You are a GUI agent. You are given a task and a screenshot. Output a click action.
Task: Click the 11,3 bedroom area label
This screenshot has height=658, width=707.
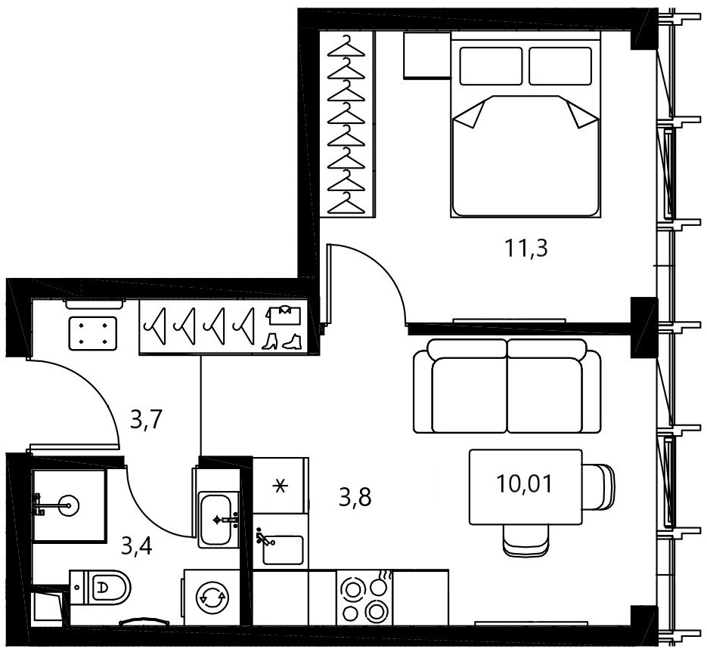(x=526, y=248)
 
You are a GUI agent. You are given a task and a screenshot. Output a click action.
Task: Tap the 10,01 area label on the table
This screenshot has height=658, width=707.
(x=524, y=484)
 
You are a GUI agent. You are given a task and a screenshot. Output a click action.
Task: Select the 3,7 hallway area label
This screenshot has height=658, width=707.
(x=146, y=420)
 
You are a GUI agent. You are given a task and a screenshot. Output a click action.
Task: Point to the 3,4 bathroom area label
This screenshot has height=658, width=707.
(x=137, y=546)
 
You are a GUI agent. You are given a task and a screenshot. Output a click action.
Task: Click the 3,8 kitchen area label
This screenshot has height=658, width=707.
(x=355, y=498)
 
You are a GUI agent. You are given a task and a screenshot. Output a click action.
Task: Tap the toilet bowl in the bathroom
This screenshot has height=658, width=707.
(x=100, y=587)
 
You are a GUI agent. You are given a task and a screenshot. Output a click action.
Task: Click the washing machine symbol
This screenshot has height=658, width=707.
(x=211, y=598)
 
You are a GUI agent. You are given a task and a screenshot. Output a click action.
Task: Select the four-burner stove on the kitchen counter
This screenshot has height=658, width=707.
(x=364, y=598)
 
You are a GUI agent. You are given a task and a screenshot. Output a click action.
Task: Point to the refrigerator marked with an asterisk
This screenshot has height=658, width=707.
(x=281, y=486)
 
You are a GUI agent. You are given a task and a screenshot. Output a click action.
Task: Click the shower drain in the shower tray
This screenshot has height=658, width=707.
(x=69, y=505)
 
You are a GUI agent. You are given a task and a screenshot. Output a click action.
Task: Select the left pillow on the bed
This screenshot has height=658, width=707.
(x=491, y=66)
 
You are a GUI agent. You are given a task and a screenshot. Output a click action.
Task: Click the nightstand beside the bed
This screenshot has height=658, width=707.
(x=427, y=55)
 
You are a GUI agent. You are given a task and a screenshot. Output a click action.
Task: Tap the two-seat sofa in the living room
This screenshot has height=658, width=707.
(x=507, y=387)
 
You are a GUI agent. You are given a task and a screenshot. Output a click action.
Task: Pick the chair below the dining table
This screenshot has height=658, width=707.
(x=526, y=541)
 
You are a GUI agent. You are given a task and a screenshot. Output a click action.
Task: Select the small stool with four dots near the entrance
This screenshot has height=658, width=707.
(x=93, y=333)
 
